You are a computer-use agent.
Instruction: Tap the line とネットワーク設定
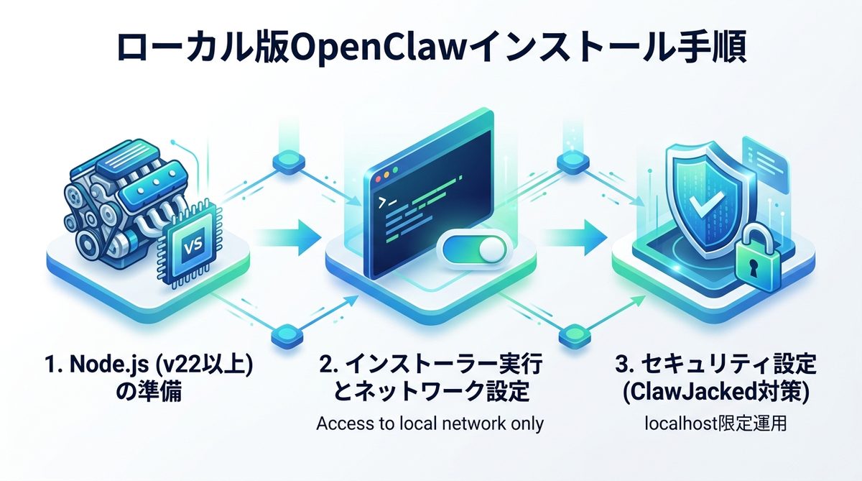click(x=430, y=393)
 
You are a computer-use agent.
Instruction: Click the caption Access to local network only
click(x=430, y=423)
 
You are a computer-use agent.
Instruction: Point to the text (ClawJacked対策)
click(x=718, y=393)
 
